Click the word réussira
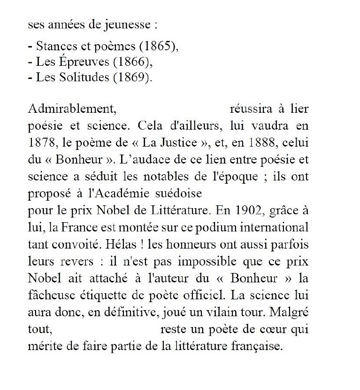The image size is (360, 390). pos(251,109)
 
